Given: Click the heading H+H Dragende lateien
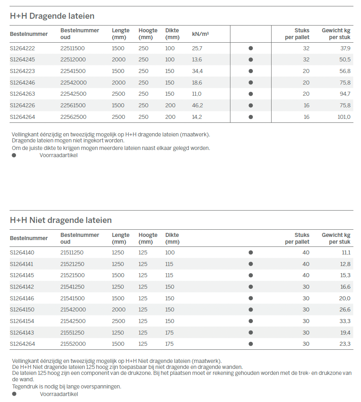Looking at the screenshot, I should point(52,16).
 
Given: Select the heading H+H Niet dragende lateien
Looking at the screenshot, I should point(61,220).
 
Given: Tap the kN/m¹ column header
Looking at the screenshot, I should point(200,34).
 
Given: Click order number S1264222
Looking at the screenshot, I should point(22,48).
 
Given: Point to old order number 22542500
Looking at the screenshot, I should point(73,94).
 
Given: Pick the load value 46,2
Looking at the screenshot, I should point(197,106).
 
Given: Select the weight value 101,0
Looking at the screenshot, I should point(344,117).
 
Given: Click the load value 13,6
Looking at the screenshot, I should point(197,60).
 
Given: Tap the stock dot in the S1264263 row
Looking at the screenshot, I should point(251,94).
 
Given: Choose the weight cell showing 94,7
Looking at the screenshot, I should point(345,94).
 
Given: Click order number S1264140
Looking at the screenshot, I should point(22,252).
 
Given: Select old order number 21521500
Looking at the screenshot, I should point(72,276).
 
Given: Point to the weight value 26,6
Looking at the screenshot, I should point(345,310).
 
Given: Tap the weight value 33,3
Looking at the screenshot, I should point(345,321).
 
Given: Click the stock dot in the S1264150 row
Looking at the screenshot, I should point(251,310).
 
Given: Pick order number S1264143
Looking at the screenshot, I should point(22,333).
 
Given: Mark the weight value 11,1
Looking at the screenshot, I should point(346,252).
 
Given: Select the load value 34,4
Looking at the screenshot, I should point(197,71).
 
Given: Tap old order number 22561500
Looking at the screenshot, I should point(73,106).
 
